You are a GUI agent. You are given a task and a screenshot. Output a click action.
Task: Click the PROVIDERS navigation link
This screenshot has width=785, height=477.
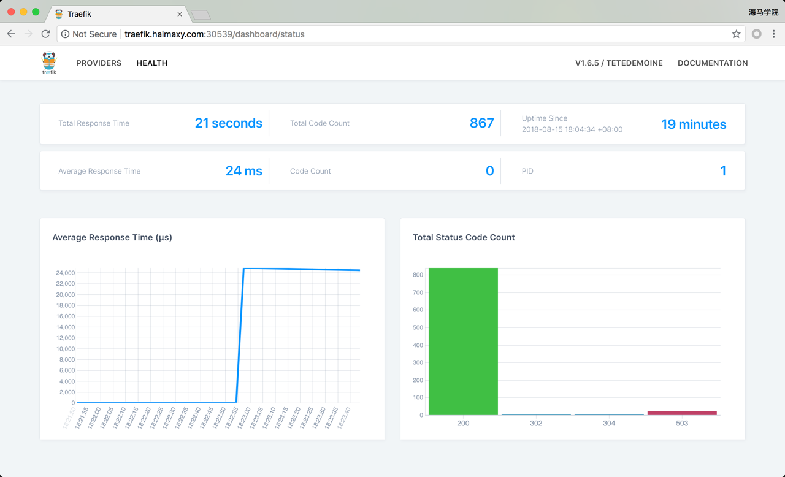click(99, 63)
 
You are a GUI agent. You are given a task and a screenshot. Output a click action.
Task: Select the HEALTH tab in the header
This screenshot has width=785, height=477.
click(151, 63)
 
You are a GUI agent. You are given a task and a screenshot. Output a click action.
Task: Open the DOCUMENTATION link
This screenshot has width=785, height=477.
click(712, 63)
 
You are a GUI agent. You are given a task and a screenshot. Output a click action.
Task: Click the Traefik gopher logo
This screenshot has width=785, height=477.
click(49, 63)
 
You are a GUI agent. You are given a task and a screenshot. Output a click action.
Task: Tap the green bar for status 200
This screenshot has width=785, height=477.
click(463, 341)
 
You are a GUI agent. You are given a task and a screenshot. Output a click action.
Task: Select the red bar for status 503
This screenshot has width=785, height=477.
click(682, 413)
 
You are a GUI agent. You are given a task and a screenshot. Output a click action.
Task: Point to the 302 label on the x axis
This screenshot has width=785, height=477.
click(536, 423)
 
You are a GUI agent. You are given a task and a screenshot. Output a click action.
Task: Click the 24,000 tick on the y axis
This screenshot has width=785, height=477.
click(65, 273)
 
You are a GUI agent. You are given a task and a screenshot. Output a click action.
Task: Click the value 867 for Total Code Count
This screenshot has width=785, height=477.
click(481, 123)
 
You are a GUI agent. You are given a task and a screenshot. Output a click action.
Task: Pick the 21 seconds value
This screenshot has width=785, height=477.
click(228, 123)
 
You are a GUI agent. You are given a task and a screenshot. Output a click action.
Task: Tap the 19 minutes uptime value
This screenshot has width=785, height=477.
click(693, 124)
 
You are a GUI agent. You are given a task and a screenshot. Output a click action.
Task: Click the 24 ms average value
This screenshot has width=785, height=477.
click(243, 171)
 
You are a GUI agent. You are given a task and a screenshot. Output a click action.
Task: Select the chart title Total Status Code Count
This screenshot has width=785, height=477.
click(464, 237)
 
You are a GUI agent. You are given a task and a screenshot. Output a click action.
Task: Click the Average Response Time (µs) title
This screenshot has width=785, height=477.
click(112, 237)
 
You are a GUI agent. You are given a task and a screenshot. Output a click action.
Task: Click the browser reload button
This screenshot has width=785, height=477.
click(45, 34)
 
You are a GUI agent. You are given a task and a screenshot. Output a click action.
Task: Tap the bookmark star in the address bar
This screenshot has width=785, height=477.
click(736, 34)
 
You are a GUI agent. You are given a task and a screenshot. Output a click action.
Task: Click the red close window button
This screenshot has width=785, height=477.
click(11, 12)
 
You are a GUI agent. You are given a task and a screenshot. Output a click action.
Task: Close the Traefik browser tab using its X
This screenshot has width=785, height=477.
click(180, 14)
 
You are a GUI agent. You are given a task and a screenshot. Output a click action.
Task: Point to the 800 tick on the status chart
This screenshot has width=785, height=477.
click(418, 275)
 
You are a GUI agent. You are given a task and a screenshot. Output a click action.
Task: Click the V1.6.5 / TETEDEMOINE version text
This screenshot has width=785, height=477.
click(619, 63)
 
